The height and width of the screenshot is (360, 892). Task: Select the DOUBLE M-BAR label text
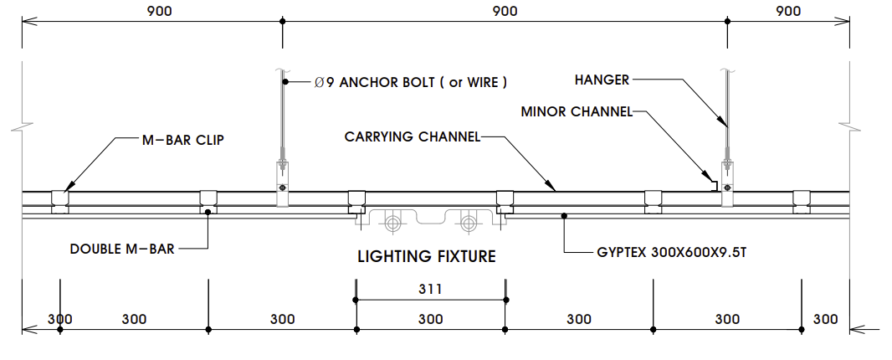pyautogui.click(x=122, y=249)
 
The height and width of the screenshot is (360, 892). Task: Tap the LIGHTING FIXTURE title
pyautogui.click(x=427, y=256)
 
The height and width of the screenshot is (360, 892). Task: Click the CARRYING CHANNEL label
pyautogui.click(x=413, y=136)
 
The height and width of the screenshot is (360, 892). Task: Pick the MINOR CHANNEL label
pyautogui.click(x=577, y=111)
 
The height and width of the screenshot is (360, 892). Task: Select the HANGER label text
pyautogui.click(x=602, y=80)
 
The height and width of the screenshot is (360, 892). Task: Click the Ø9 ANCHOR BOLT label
pyautogui.click(x=411, y=82)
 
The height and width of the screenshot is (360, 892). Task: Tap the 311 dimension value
pyautogui.click(x=430, y=290)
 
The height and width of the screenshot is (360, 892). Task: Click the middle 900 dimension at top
pyautogui.click(x=505, y=11)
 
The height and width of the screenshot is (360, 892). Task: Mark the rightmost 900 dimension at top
pyautogui.click(x=788, y=11)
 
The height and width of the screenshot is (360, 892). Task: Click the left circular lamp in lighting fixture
pyautogui.click(x=392, y=223)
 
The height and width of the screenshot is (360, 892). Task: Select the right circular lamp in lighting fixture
pyautogui.click(x=469, y=223)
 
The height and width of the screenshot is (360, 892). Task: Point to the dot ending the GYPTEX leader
pyautogui.click(x=565, y=216)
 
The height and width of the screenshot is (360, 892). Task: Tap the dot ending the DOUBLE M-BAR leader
pyautogui.click(x=208, y=212)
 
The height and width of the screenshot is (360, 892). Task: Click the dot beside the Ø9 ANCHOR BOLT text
pyautogui.click(x=285, y=82)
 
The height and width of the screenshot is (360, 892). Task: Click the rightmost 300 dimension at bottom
pyautogui.click(x=825, y=319)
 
